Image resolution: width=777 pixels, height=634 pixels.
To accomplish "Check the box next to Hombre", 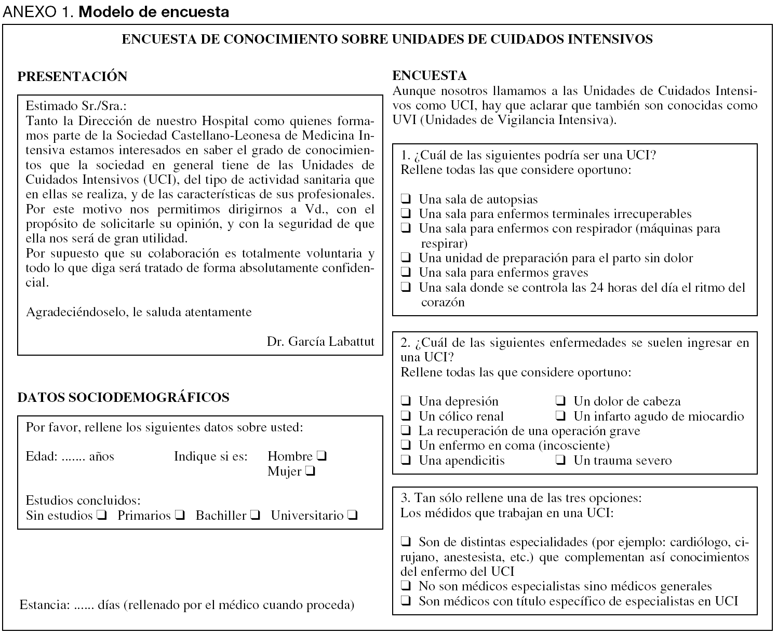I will (x=321, y=457).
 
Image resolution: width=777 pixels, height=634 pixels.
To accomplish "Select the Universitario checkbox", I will (x=352, y=516).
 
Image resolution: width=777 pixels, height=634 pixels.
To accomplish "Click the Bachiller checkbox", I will (x=254, y=516).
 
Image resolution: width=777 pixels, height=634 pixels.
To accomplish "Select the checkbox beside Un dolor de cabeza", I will (x=561, y=401).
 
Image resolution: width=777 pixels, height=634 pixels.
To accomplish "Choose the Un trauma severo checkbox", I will (x=561, y=461).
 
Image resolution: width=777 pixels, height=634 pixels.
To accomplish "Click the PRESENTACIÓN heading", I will (x=72, y=76).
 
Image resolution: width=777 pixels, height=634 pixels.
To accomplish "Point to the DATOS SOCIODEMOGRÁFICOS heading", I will (x=123, y=397).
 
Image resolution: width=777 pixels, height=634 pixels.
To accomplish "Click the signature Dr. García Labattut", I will (x=320, y=341).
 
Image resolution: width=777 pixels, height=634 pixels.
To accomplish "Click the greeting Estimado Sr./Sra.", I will (x=76, y=106).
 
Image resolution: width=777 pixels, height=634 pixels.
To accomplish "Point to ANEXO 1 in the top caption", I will (x=38, y=12).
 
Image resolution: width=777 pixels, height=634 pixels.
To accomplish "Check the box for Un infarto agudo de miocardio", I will (x=561, y=416).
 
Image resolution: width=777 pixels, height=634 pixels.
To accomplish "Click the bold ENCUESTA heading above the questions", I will (x=430, y=76).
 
